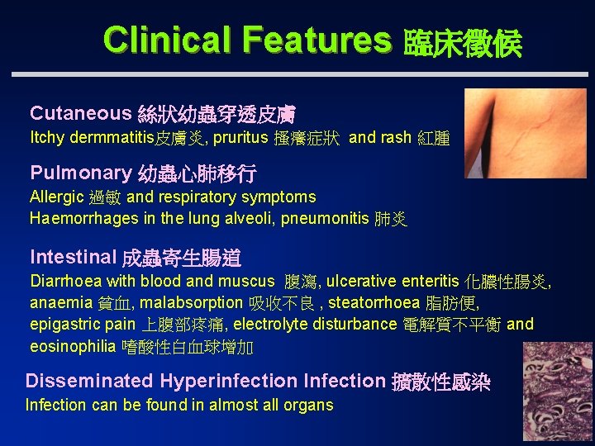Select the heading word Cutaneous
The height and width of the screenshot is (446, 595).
(x=80, y=113)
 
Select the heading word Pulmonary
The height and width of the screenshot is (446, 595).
(x=80, y=173)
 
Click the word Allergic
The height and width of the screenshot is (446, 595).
(x=56, y=197)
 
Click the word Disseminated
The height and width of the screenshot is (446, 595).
(x=88, y=381)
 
